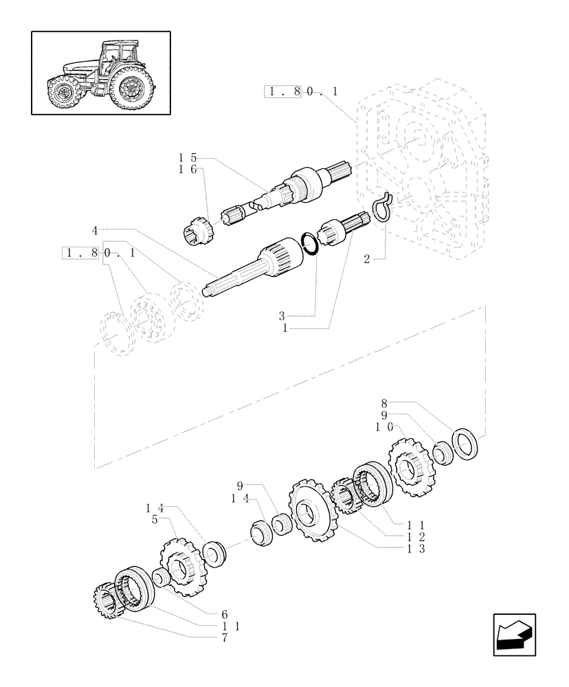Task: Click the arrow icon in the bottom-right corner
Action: click(513, 634)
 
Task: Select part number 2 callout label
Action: click(366, 259)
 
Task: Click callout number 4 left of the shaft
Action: click(93, 229)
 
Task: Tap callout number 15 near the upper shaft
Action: click(187, 159)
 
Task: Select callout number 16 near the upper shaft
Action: click(187, 170)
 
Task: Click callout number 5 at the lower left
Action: click(155, 520)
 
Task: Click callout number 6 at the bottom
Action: click(224, 614)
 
